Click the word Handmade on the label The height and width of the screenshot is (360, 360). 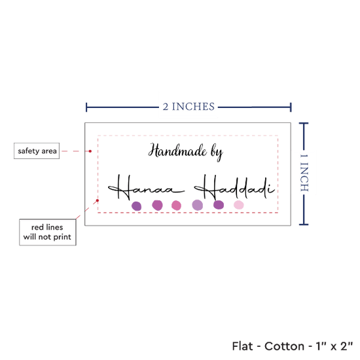177,151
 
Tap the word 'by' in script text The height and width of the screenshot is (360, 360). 217,153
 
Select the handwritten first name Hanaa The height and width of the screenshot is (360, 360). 146,187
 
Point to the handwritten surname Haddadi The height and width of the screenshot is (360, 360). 234,187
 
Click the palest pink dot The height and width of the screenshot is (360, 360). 238,205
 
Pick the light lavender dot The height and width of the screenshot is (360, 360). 198,205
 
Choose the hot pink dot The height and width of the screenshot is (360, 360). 176,206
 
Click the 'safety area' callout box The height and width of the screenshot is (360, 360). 37,151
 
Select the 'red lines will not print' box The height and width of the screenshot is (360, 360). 48,232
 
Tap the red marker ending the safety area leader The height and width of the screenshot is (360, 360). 90,151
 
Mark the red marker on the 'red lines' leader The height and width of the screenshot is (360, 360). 98,200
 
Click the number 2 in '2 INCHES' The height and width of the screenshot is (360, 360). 166,107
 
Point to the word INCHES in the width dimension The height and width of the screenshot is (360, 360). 193,107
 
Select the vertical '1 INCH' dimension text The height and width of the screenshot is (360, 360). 304,173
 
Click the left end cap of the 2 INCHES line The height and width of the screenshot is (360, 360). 86,107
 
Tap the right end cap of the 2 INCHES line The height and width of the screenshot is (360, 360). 291,107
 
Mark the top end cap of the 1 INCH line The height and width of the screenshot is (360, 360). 304,124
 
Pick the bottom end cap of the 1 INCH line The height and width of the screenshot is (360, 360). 304,225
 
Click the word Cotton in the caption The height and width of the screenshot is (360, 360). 284,346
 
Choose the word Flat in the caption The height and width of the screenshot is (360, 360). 242,346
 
